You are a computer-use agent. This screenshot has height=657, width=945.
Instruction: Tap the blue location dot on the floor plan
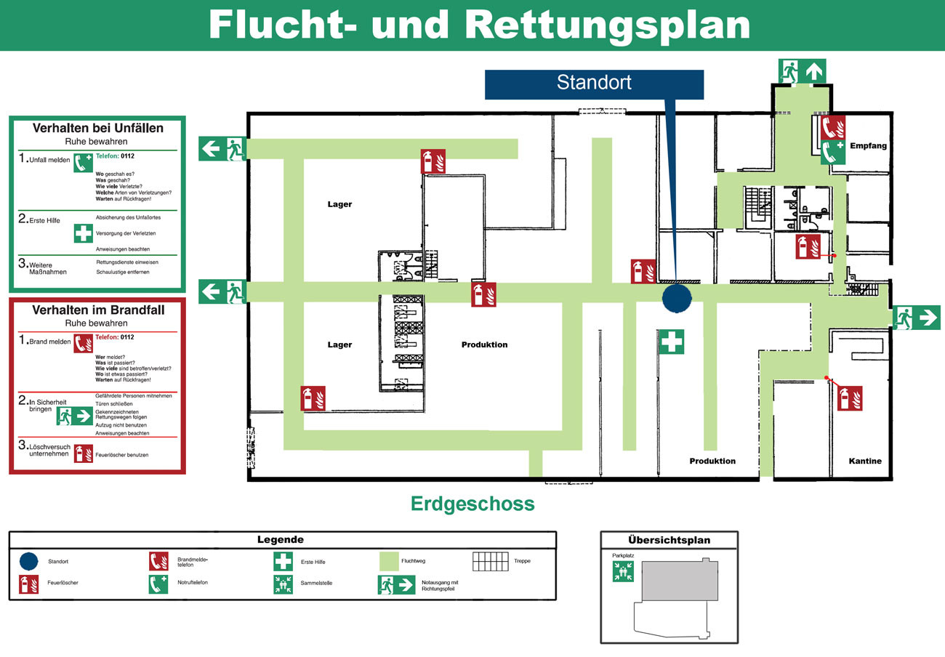pyautogui.click(x=677, y=298)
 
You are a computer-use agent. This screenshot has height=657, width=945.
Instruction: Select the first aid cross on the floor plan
pyautogui.click(x=671, y=342)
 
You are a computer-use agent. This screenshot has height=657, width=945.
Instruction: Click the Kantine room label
pyautogui.click(x=865, y=461)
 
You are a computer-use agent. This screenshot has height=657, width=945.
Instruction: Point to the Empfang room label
pyautogui.click(x=868, y=146)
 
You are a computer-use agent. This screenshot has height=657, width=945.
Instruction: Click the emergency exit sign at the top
pyautogui.click(x=803, y=71)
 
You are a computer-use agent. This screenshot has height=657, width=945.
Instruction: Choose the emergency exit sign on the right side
pyautogui.click(x=917, y=318)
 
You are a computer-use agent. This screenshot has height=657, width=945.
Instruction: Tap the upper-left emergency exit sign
pyautogui.click(x=222, y=148)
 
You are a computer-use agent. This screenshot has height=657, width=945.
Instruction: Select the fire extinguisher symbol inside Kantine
pyautogui.click(x=849, y=398)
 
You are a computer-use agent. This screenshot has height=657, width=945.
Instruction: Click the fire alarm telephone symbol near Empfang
pyautogui.click(x=832, y=127)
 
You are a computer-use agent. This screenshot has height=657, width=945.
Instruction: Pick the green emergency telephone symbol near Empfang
pyautogui.click(x=832, y=153)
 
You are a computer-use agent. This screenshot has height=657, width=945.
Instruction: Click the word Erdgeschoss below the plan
pyautogui.click(x=472, y=504)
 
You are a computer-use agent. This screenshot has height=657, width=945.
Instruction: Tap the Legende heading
pyautogui.click(x=281, y=540)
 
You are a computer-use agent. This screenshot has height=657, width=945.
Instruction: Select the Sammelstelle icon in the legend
pyautogui.click(x=283, y=584)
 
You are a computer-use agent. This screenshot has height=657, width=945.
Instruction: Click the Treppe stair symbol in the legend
pyautogui.click(x=491, y=561)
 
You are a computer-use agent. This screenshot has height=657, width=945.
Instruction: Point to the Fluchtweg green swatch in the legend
pyautogui.click(x=389, y=561)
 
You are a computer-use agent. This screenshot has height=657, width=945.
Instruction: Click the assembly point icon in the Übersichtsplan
pyautogui.click(x=623, y=571)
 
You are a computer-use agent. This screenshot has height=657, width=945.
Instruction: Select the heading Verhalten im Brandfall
pyautogui.click(x=98, y=310)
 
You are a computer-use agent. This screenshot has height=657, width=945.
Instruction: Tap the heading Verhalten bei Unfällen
pyautogui.click(x=98, y=128)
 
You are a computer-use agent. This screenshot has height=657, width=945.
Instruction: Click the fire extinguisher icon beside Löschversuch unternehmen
pyautogui.click(x=84, y=454)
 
